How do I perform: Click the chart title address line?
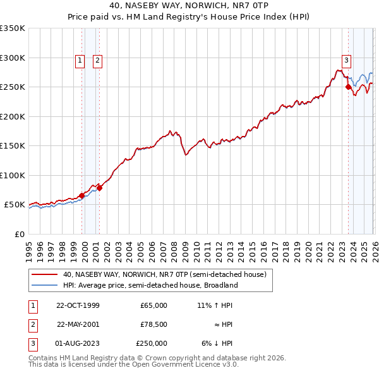tap(189, 6)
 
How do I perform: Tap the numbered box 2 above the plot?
tap(98, 61)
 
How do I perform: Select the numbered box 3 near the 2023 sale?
tap(346, 61)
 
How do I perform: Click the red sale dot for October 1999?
tap(82, 196)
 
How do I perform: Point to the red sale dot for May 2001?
tap(99, 188)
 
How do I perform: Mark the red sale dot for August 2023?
tap(348, 87)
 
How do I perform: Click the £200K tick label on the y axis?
tap(13, 116)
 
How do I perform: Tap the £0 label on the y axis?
tap(19, 234)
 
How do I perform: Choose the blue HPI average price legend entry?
tap(150, 285)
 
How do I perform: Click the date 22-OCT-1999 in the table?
tap(78, 305)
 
